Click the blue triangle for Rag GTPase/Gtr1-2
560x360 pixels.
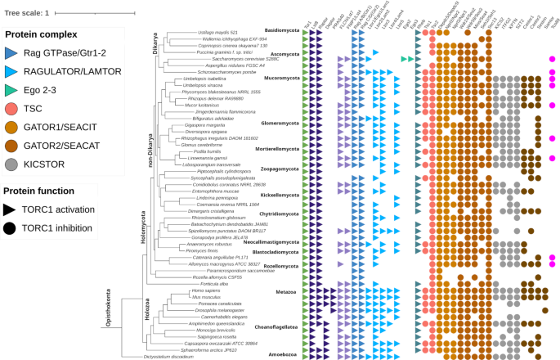(12, 52)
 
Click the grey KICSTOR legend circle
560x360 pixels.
(12, 164)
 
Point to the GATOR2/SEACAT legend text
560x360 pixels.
(69, 146)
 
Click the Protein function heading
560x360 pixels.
(45, 191)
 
